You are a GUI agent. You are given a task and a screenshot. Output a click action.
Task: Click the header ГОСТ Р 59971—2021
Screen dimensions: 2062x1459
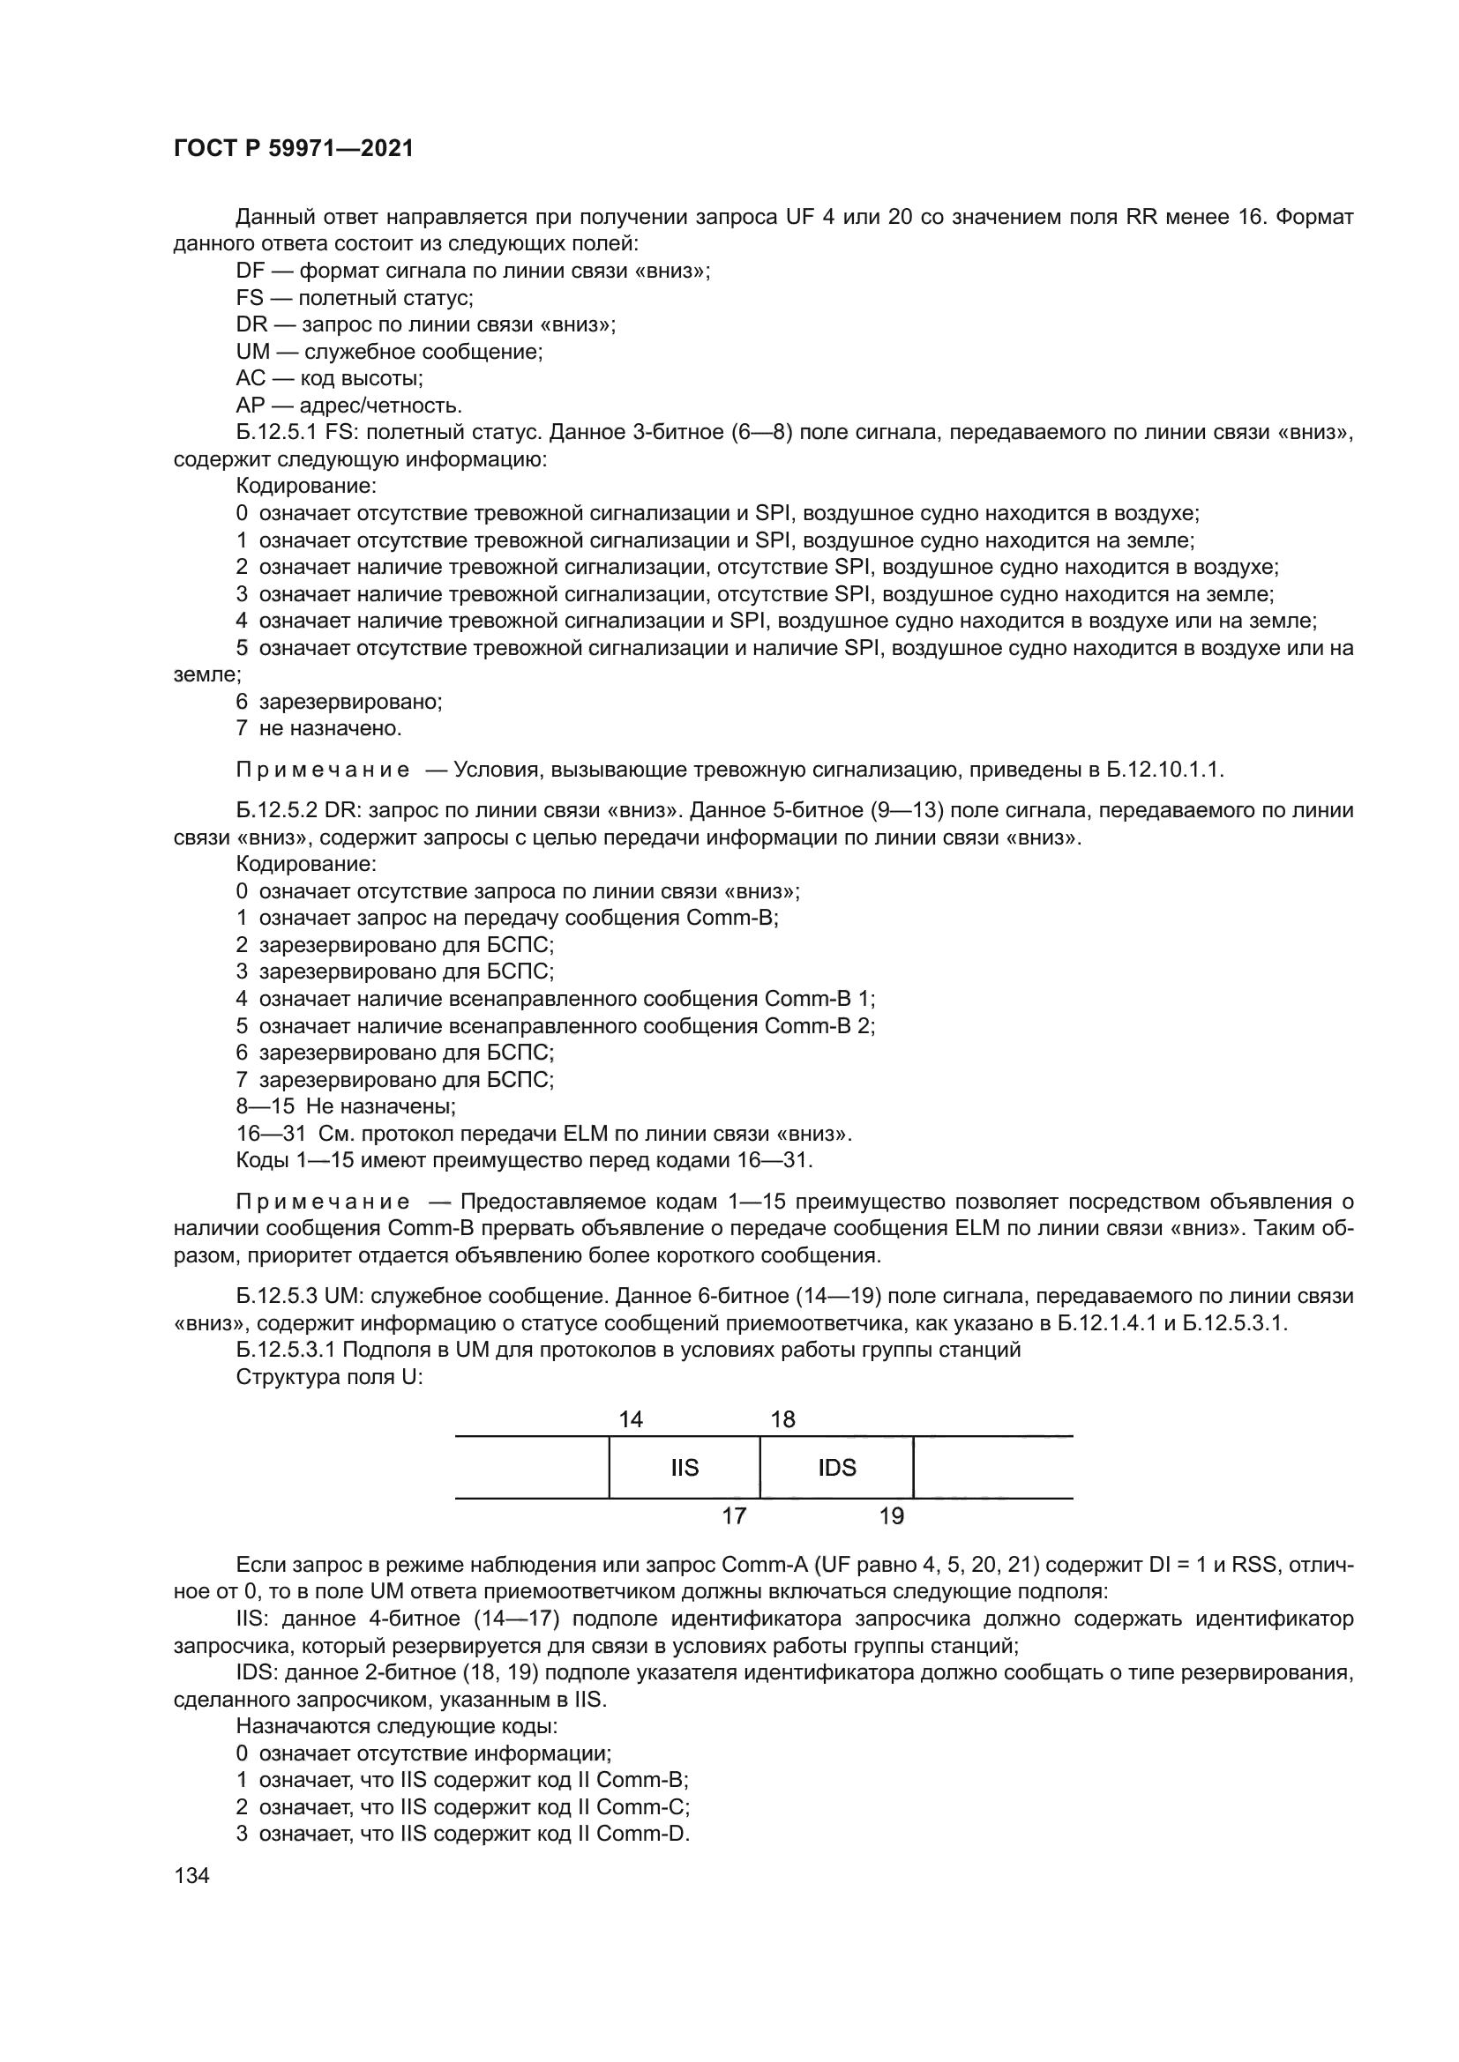[x=293, y=149]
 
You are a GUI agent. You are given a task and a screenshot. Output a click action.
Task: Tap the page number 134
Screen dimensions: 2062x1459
[x=191, y=1875]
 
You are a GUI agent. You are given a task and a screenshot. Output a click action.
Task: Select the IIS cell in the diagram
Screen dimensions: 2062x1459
[x=684, y=1468]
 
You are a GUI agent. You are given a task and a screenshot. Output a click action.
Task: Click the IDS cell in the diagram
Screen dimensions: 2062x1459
[x=836, y=1468]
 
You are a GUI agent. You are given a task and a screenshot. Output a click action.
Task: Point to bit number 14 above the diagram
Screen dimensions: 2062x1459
[x=631, y=1419]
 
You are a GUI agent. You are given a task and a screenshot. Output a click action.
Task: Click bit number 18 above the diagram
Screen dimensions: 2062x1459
[x=782, y=1419]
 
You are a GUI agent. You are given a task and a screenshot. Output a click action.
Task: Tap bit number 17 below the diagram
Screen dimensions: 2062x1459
[x=734, y=1516]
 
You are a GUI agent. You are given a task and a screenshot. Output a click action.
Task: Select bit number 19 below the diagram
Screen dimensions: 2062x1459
[x=890, y=1516]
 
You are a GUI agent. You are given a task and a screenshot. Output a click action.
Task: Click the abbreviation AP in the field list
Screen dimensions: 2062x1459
[x=251, y=406]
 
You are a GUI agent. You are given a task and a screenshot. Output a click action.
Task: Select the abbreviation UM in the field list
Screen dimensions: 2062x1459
[x=252, y=352]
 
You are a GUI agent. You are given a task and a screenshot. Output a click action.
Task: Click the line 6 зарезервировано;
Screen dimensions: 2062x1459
[x=340, y=702]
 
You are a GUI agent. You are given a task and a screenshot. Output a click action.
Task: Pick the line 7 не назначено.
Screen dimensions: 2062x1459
[x=319, y=728]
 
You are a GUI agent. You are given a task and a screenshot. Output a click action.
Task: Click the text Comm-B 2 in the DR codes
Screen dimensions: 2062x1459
[x=819, y=1025]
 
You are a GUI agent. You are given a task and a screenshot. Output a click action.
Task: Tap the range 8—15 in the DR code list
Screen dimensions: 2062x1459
[x=265, y=1106]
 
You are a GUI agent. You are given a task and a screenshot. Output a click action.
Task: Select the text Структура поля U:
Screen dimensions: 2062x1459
[x=329, y=1377]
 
